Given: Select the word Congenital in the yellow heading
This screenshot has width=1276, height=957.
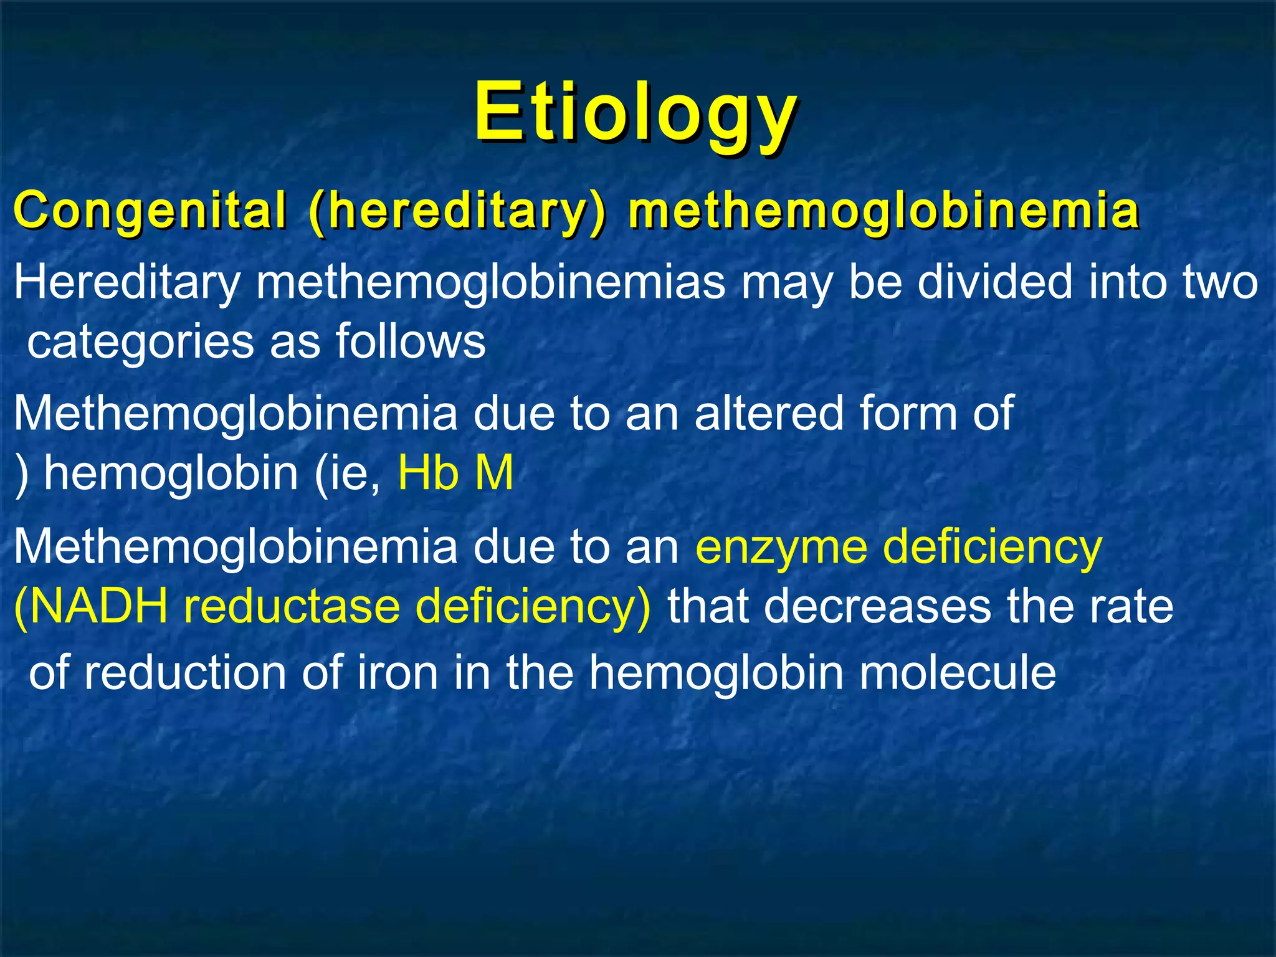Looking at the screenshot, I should point(150,210).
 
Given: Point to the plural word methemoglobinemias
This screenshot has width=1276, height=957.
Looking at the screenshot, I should point(491,282).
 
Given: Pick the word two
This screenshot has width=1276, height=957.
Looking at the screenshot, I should point(1219,282).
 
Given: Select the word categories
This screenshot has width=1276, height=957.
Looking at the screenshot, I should point(141,342).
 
